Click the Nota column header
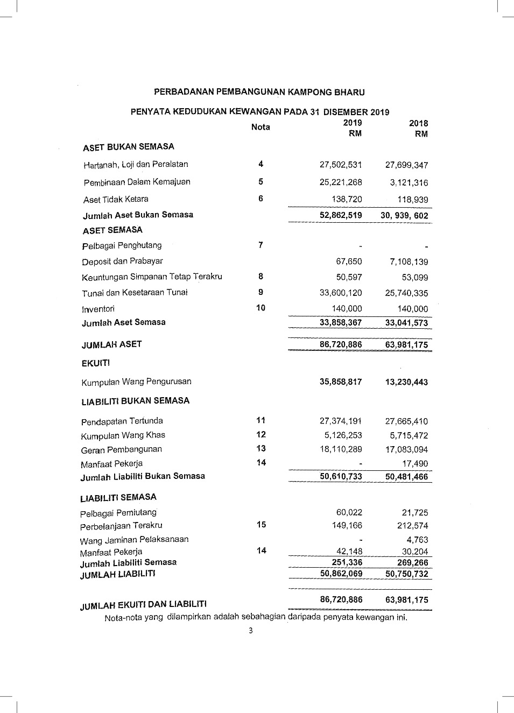click(x=260, y=127)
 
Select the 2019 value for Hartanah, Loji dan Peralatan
click(x=341, y=165)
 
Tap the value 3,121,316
click(x=409, y=183)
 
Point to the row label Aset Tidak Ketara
click(x=116, y=200)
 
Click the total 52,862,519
click(x=341, y=215)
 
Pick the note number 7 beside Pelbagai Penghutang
click(x=260, y=245)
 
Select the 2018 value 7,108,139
click(x=409, y=262)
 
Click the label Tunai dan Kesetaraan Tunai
click(x=135, y=293)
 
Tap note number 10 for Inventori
click(x=261, y=308)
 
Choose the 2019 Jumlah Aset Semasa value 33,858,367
click(x=341, y=323)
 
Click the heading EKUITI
click(x=96, y=363)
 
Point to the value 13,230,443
click(x=406, y=382)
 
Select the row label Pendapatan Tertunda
click(x=122, y=421)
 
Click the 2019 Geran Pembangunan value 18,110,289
click(x=341, y=449)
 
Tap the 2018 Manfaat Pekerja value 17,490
click(x=415, y=463)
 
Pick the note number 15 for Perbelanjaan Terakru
click(x=261, y=525)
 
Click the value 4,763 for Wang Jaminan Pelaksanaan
click(x=417, y=540)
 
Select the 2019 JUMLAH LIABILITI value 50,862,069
click(x=341, y=574)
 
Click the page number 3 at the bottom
click(x=250, y=631)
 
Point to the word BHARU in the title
click(x=349, y=93)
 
